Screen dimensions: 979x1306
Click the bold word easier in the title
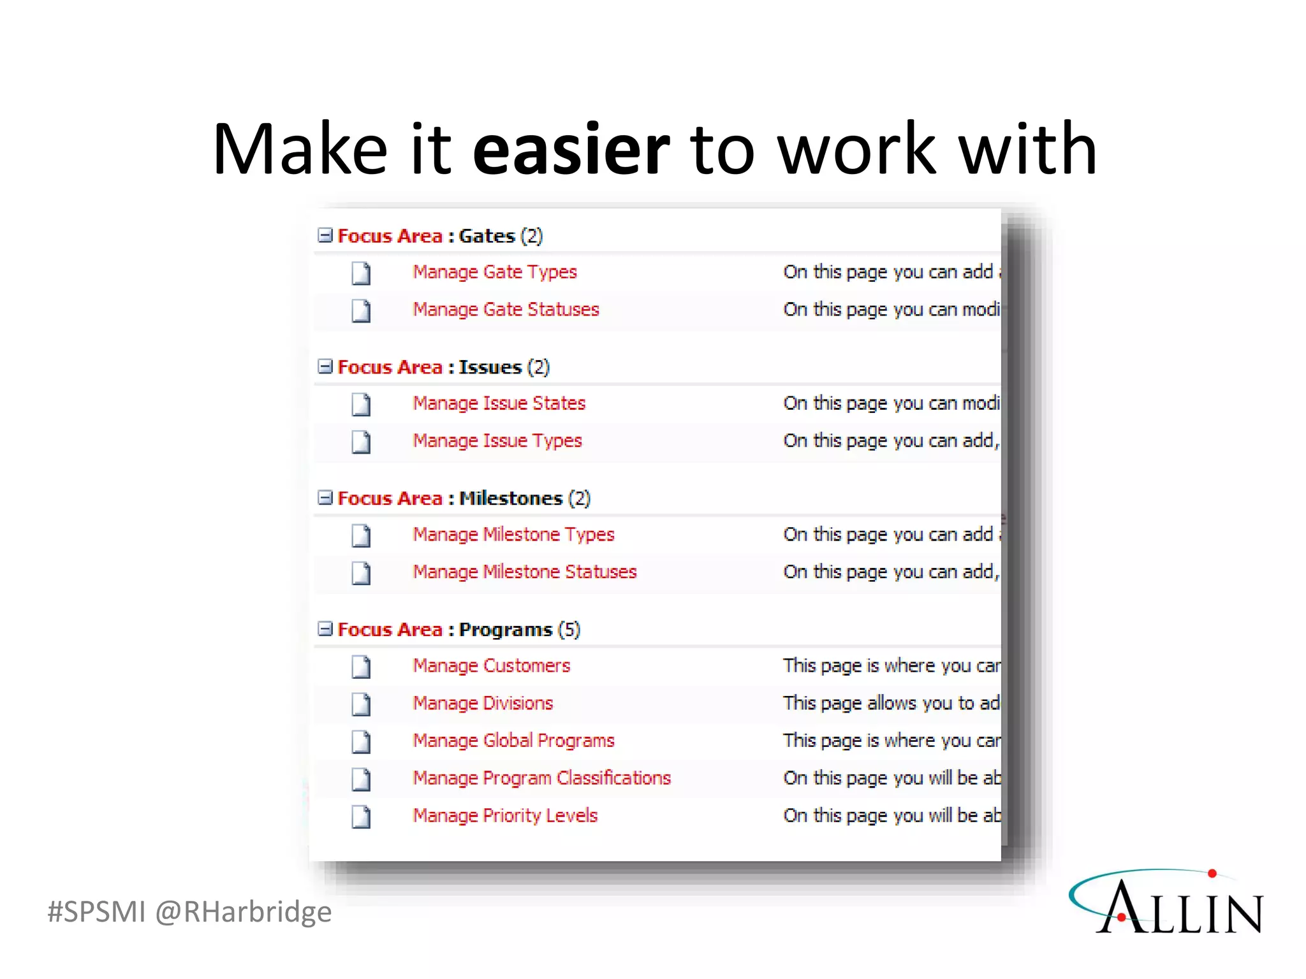(x=571, y=150)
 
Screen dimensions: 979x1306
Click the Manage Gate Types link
(x=495, y=272)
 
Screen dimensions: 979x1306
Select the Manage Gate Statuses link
(x=506, y=310)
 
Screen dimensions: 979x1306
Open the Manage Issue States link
(x=499, y=403)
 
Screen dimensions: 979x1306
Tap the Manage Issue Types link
(x=497, y=441)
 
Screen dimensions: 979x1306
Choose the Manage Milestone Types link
(x=513, y=535)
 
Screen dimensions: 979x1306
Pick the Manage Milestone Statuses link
(x=525, y=572)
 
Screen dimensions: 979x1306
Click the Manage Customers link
(x=492, y=666)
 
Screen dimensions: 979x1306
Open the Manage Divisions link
(x=483, y=704)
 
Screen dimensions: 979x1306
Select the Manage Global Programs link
(x=513, y=741)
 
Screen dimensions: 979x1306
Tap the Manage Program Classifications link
(x=542, y=778)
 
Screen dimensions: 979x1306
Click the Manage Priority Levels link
(x=505, y=816)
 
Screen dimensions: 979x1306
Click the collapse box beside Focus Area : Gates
(x=325, y=236)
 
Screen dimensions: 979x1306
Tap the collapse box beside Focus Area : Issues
(x=325, y=366)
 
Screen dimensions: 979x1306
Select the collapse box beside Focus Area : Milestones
(x=325, y=498)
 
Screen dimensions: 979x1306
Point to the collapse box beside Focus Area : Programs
(x=325, y=629)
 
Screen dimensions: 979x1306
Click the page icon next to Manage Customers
(x=361, y=667)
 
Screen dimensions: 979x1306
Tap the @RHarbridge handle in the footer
(x=244, y=912)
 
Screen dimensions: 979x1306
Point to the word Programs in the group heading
(x=505, y=630)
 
